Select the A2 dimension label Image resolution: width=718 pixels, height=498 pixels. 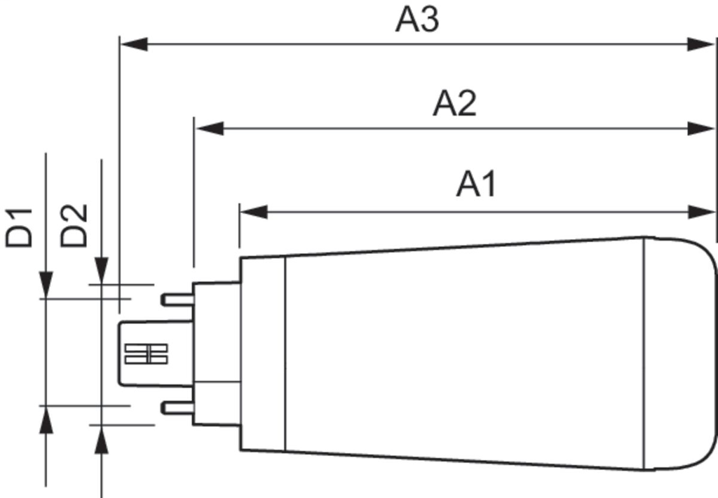(x=454, y=104)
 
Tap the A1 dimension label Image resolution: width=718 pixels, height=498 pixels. (x=476, y=185)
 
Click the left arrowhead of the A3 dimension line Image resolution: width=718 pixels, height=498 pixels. (x=134, y=44)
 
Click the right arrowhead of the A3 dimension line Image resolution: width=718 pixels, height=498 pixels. (x=701, y=44)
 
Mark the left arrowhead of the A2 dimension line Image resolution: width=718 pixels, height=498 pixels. (x=209, y=128)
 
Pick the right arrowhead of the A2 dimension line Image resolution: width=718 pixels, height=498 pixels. (x=701, y=128)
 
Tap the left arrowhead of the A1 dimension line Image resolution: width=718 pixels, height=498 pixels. (x=254, y=212)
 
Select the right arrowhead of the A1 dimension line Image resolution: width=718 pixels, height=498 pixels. (x=701, y=212)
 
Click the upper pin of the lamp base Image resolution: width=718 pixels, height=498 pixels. (x=177, y=300)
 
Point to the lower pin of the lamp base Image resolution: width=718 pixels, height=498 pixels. (x=177, y=408)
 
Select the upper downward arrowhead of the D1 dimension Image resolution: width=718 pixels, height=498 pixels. (x=46, y=284)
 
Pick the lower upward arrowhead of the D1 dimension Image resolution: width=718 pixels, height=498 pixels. (x=46, y=419)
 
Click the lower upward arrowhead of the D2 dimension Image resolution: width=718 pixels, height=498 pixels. (x=102, y=438)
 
